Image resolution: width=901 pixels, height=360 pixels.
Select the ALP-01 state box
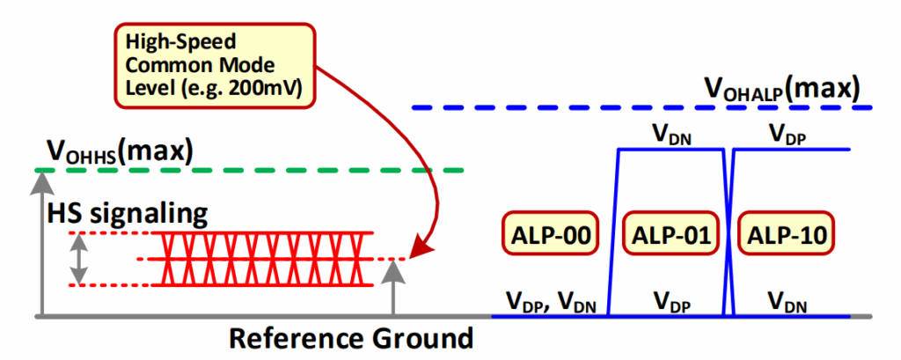click(x=670, y=236)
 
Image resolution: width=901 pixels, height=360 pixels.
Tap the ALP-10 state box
click(x=787, y=236)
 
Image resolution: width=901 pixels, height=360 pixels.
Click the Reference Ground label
click(x=352, y=338)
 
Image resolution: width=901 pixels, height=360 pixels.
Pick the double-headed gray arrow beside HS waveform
click(x=79, y=259)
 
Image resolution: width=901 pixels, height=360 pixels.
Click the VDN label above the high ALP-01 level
click(x=670, y=134)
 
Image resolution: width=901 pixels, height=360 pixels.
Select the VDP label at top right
click(x=788, y=134)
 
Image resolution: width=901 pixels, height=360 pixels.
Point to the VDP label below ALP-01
click(x=670, y=301)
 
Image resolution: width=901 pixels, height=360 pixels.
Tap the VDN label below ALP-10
click(x=788, y=301)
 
